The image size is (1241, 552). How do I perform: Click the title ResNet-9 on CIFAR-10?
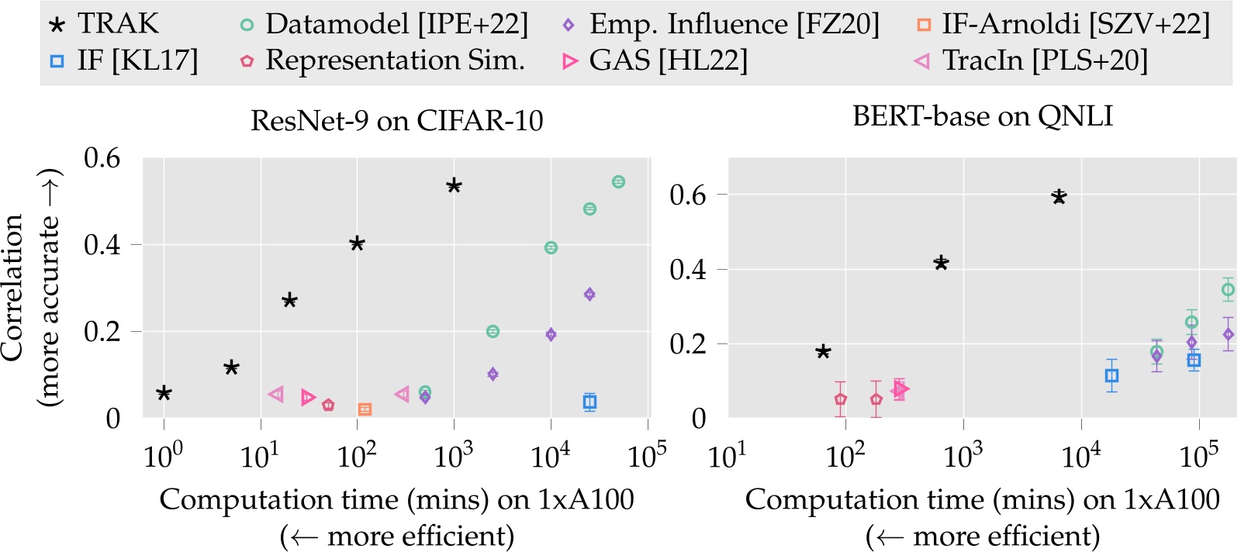(396, 121)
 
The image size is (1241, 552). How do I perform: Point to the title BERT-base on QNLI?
(982, 116)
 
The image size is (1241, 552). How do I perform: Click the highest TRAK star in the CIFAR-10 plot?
(455, 186)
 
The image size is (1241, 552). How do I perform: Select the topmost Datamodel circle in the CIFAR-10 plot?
(618, 182)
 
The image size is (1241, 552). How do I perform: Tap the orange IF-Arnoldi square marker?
(365, 409)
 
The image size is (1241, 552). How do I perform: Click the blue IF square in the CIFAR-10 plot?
(589, 402)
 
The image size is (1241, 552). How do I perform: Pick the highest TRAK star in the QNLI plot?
(1059, 197)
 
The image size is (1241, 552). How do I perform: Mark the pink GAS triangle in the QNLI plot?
(901, 388)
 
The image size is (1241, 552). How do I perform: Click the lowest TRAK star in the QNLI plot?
(823, 352)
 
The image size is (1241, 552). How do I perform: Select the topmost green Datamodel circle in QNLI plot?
(1228, 290)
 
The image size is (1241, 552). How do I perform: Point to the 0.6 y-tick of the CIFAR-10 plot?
(102, 158)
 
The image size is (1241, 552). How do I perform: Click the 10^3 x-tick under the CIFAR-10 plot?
(454, 457)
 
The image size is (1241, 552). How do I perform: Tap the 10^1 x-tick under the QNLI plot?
(728, 457)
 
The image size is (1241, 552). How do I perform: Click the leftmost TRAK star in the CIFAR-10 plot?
(164, 393)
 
